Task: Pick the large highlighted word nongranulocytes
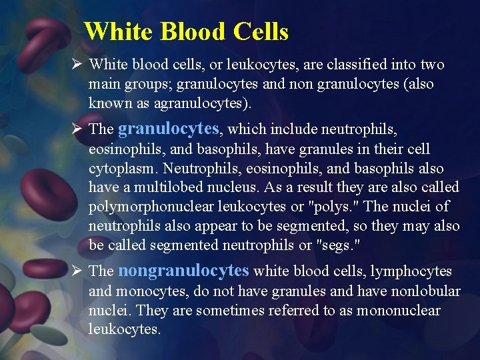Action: click(183, 271)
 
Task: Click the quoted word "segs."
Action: click(337, 245)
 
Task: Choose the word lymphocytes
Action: click(411, 271)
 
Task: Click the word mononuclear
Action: click(399, 310)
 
